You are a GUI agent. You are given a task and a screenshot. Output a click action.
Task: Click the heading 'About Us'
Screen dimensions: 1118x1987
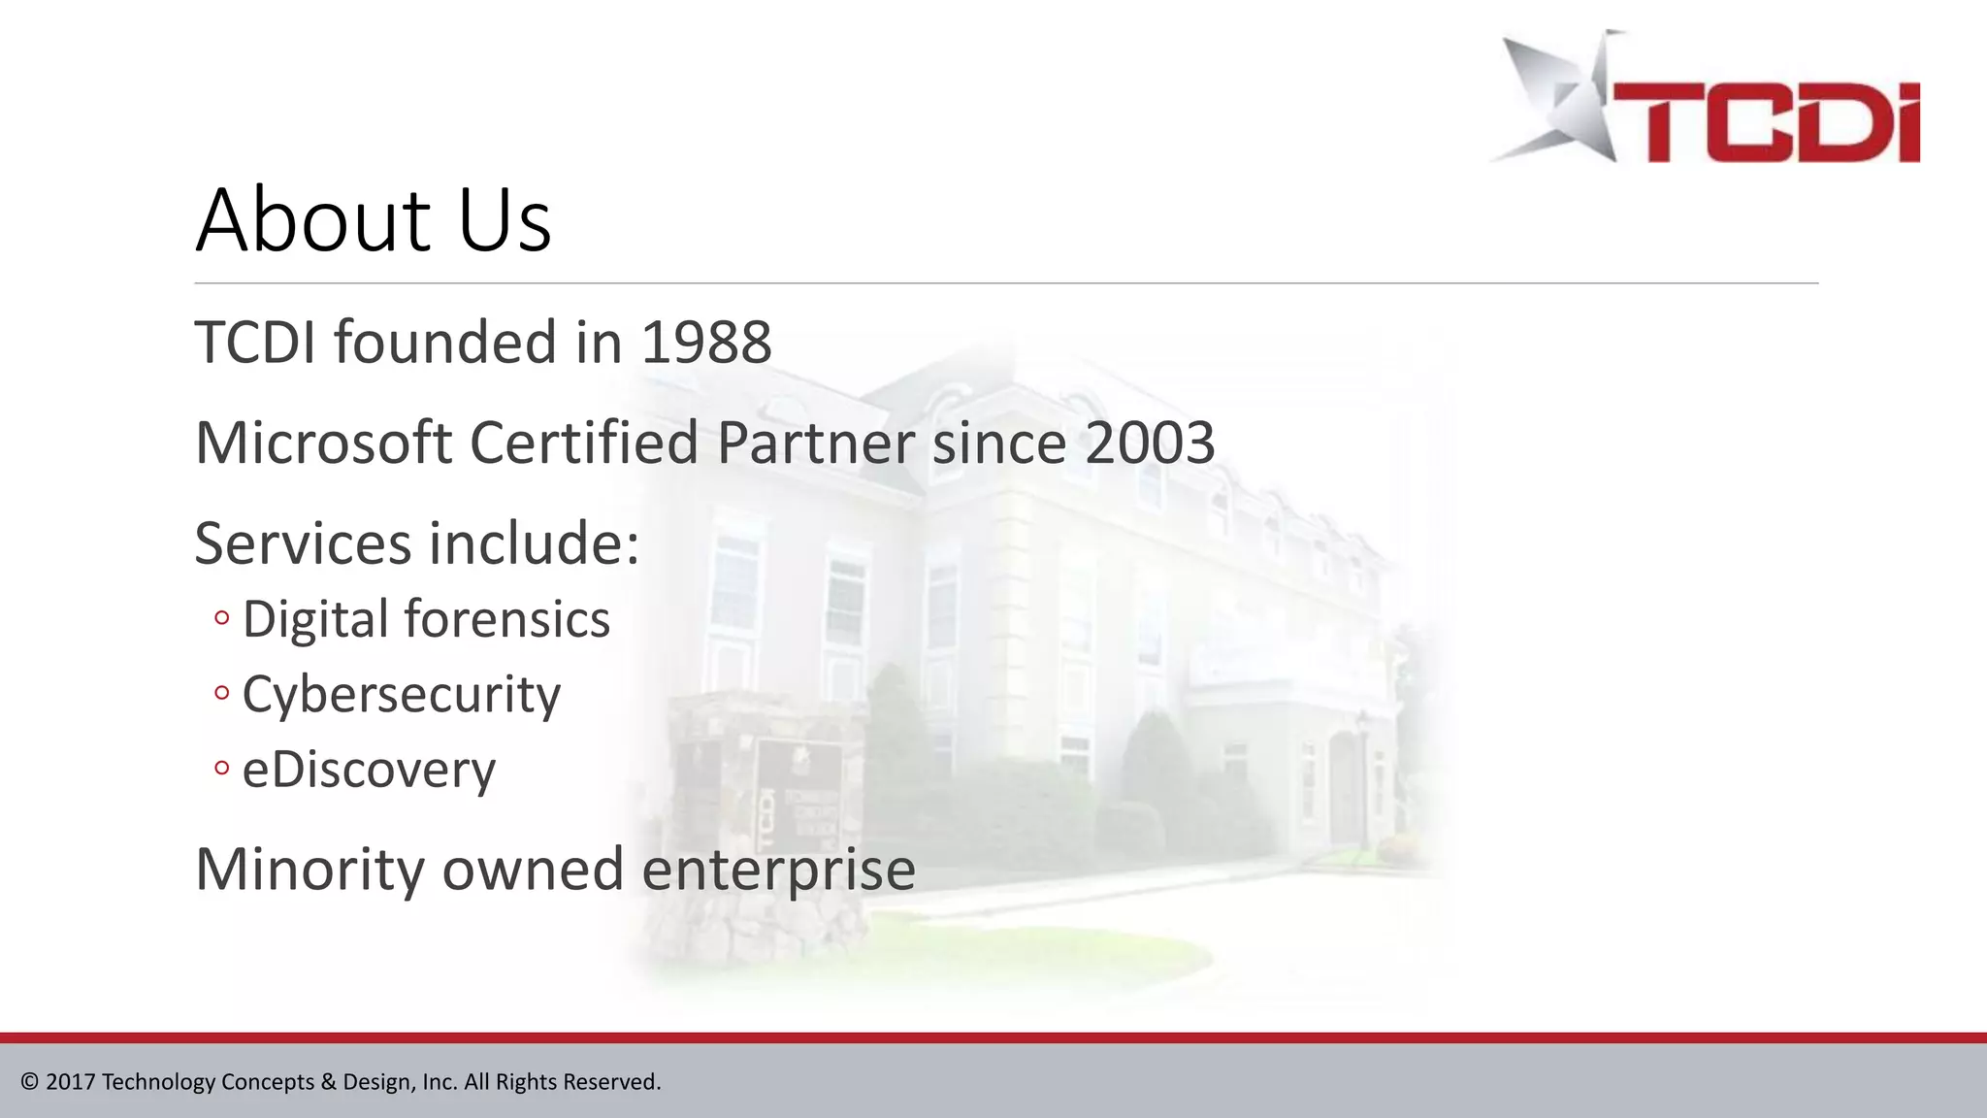(x=374, y=220)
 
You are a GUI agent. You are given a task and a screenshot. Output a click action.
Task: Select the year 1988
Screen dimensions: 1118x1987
(x=706, y=343)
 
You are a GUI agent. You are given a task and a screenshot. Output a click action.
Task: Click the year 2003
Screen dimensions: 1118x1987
(x=1150, y=443)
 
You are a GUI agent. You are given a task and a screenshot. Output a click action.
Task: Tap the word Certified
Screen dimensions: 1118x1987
(x=584, y=443)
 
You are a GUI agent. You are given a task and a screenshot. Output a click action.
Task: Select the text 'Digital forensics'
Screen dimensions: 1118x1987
(x=426, y=619)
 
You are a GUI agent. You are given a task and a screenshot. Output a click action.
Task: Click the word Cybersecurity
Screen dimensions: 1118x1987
(x=401, y=695)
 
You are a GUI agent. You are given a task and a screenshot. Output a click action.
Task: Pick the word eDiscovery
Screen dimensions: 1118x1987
(x=369, y=770)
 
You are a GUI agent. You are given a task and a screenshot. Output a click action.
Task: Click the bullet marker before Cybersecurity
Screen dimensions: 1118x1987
(x=222, y=693)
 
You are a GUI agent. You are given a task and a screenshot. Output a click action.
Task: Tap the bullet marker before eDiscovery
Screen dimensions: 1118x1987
(x=222, y=769)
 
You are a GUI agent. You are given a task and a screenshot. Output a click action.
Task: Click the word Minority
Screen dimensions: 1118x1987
(x=309, y=869)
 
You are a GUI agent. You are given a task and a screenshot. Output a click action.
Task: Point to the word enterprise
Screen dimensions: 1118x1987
(x=778, y=871)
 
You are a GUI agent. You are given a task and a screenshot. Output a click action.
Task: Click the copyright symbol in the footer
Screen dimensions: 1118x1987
(x=30, y=1082)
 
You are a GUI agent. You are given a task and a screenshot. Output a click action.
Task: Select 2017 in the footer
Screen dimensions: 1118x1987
(x=70, y=1082)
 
